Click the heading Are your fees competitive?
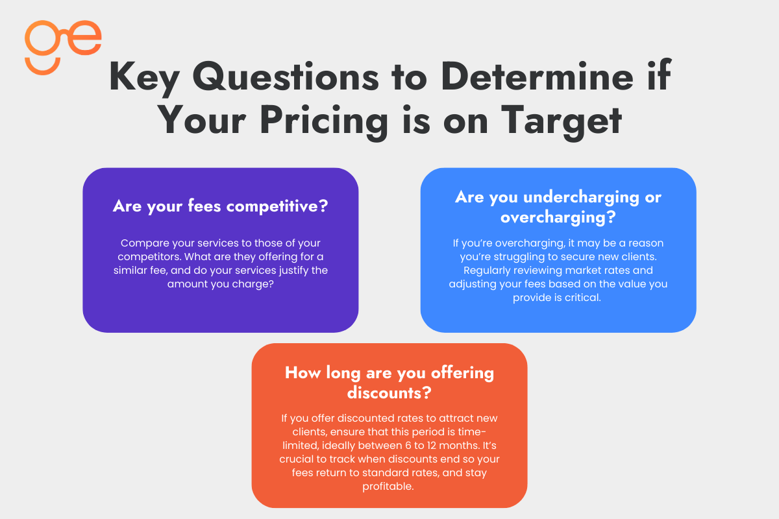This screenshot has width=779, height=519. point(220,206)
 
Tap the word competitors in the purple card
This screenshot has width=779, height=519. point(147,256)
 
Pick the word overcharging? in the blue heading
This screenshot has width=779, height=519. point(558,217)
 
